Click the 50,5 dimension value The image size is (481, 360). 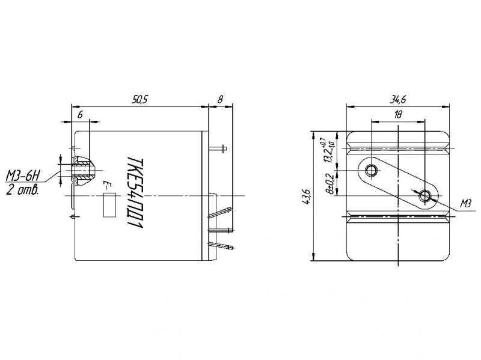[140, 99]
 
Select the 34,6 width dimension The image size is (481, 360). [398, 99]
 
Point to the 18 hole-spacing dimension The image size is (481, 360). [398, 115]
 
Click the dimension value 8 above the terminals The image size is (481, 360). [220, 99]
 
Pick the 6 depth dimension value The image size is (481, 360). [80, 115]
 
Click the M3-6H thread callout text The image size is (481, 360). [23, 176]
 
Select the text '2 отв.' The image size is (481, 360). [23, 191]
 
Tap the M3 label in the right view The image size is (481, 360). [465, 203]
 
